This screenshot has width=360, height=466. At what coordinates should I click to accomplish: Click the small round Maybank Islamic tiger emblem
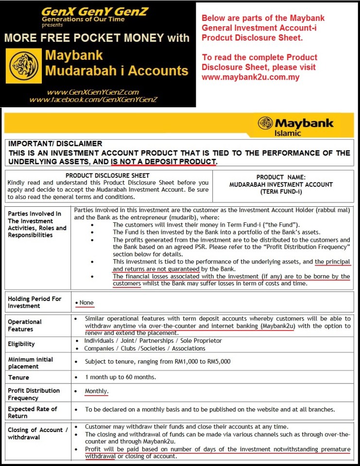(265, 123)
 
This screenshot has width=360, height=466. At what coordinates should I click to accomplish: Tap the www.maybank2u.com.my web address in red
(251, 77)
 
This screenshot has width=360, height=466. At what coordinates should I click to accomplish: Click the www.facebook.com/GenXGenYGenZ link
(93, 100)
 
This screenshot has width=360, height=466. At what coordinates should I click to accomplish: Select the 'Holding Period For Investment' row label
(34, 302)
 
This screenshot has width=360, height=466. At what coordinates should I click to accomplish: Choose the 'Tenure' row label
(18, 377)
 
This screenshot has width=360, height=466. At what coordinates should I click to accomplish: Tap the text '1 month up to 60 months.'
(120, 377)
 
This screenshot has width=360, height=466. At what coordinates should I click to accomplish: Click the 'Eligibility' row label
(21, 344)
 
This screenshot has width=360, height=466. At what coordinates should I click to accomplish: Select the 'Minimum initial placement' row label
(31, 363)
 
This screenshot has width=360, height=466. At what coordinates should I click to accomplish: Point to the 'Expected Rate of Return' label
(32, 412)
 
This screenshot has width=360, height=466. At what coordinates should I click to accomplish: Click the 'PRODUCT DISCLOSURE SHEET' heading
(107, 175)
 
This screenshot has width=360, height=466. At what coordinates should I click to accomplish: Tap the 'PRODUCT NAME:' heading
(281, 177)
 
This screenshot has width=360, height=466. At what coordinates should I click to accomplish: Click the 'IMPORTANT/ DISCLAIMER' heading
(55, 144)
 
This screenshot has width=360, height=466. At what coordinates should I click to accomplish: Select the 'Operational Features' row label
(25, 325)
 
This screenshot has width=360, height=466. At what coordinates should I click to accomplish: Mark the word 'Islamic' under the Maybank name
(288, 133)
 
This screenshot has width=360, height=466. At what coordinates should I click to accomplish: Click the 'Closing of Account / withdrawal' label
(35, 433)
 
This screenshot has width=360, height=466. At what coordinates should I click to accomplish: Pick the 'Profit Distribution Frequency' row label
(34, 394)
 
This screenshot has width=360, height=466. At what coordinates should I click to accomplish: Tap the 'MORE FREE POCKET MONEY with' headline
(96, 37)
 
